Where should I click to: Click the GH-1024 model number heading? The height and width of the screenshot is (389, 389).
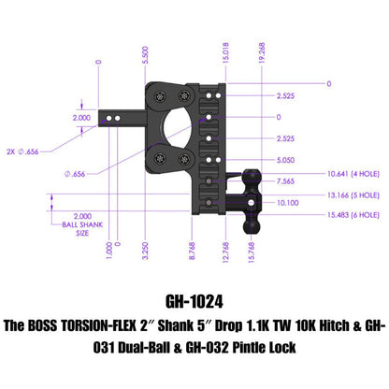coord(194,302)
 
